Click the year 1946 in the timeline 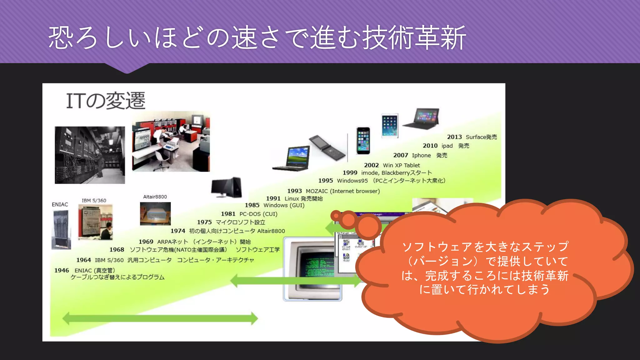point(62,270)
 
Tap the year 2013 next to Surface point(454,137)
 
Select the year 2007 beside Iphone point(400,155)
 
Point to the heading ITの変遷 point(106,101)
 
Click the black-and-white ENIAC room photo point(90,155)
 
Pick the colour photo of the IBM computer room point(171,141)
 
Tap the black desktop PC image point(227,187)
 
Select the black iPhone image point(363,141)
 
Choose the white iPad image point(390,126)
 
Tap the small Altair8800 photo point(155,214)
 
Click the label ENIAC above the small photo point(60,204)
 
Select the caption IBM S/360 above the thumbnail point(94,200)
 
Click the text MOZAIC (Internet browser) point(342,191)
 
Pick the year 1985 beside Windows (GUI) point(252,205)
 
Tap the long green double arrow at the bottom point(160,318)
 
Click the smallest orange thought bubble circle point(336,215)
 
